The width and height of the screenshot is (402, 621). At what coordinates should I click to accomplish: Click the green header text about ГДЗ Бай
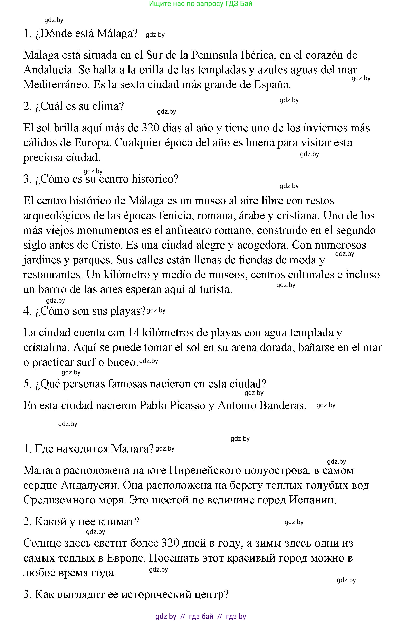201,4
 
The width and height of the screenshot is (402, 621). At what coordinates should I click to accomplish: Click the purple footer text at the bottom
201,616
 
